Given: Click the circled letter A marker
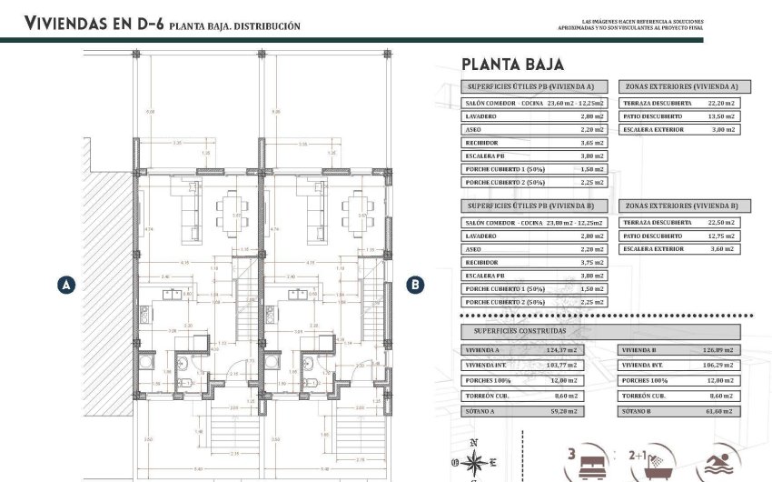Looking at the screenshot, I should [x=65, y=285].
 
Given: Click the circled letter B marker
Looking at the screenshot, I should [x=414, y=285].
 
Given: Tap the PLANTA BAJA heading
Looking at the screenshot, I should [x=512, y=65].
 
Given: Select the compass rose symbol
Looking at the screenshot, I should [x=474, y=459].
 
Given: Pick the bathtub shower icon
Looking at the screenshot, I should [x=652, y=464].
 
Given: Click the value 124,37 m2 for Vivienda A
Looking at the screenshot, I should [x=571, y=349].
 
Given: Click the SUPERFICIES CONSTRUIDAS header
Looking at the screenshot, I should [x=510, y=332].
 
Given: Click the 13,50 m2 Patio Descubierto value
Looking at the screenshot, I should [x=721, y=117].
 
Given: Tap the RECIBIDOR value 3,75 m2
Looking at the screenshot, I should [x=591, y=262].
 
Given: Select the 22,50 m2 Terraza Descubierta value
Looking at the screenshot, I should [x=721, y=223].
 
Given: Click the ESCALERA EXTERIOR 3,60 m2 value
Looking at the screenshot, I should [x=724, y=248].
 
